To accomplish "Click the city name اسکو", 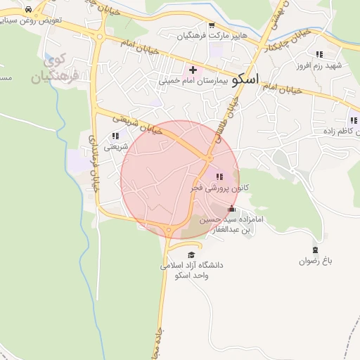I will (x=245, y=78).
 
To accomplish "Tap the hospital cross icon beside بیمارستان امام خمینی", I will (x=193, y=70).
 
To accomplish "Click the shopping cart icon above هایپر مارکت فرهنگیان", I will (x=211, y=25).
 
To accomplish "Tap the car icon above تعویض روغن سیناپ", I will (x=27, y=10).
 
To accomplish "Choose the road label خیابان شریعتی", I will (x=134, y=123).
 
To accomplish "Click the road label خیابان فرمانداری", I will (x=93, y=162).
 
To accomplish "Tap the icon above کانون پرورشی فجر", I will (x=219, y=176).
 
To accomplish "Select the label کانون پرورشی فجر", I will (x=217, y=188).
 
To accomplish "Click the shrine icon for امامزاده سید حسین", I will (x=232, y=208).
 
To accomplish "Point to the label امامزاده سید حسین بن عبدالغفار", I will (x=233, y=224).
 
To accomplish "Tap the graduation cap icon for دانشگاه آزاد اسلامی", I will (x=191, y=255).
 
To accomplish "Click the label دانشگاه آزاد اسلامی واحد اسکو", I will (x=192, y=270).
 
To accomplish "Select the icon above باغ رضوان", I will (x=315, y=250).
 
